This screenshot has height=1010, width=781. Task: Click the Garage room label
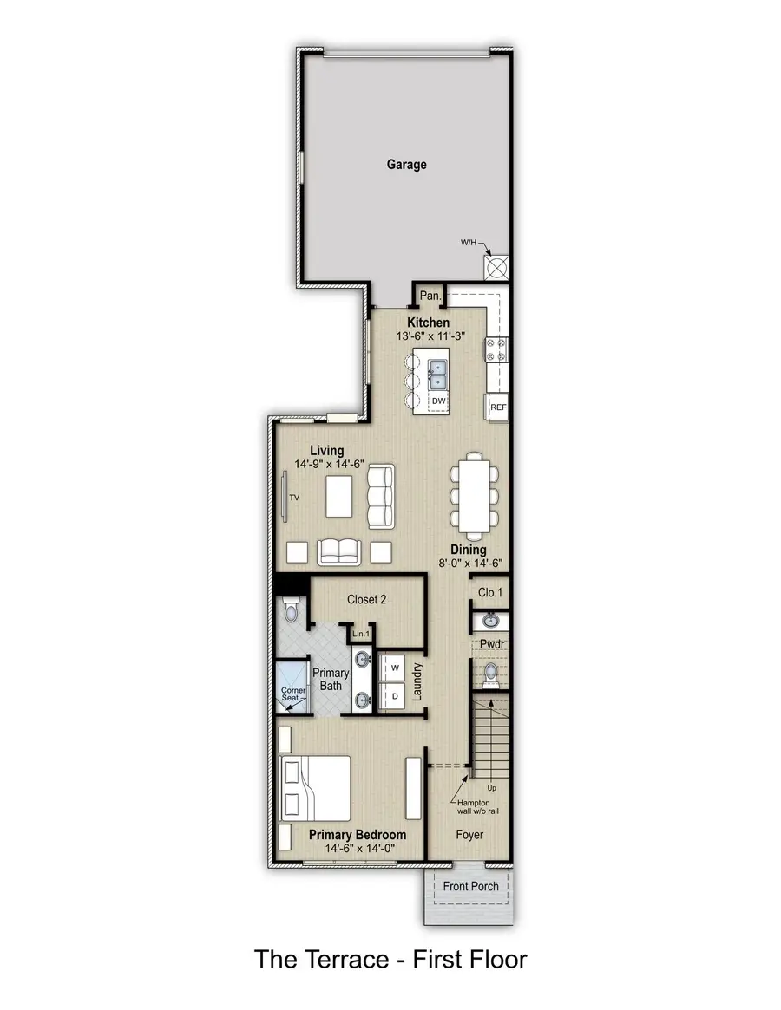[x=407, y=164]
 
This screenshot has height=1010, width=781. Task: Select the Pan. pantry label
[x=430, y=296]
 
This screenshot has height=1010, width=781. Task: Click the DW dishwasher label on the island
[x=438, y=401]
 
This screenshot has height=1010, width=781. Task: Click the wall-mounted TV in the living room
[x=284, y=497]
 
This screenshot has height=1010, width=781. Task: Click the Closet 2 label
[x=366, y=599]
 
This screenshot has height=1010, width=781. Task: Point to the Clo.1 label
[x=489, y=592]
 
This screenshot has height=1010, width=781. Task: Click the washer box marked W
[x=394, y=668]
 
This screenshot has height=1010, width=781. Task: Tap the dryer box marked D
[x=394, y=696]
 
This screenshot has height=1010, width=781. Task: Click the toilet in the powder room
[x=490, y=674]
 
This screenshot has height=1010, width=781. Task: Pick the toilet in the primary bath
[x=291, y=611]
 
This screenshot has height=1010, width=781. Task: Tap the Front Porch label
[x=470, y=886]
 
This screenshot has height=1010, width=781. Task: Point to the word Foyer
[x=469, y=835]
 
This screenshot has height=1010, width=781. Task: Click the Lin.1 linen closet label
[x=361, y=635]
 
